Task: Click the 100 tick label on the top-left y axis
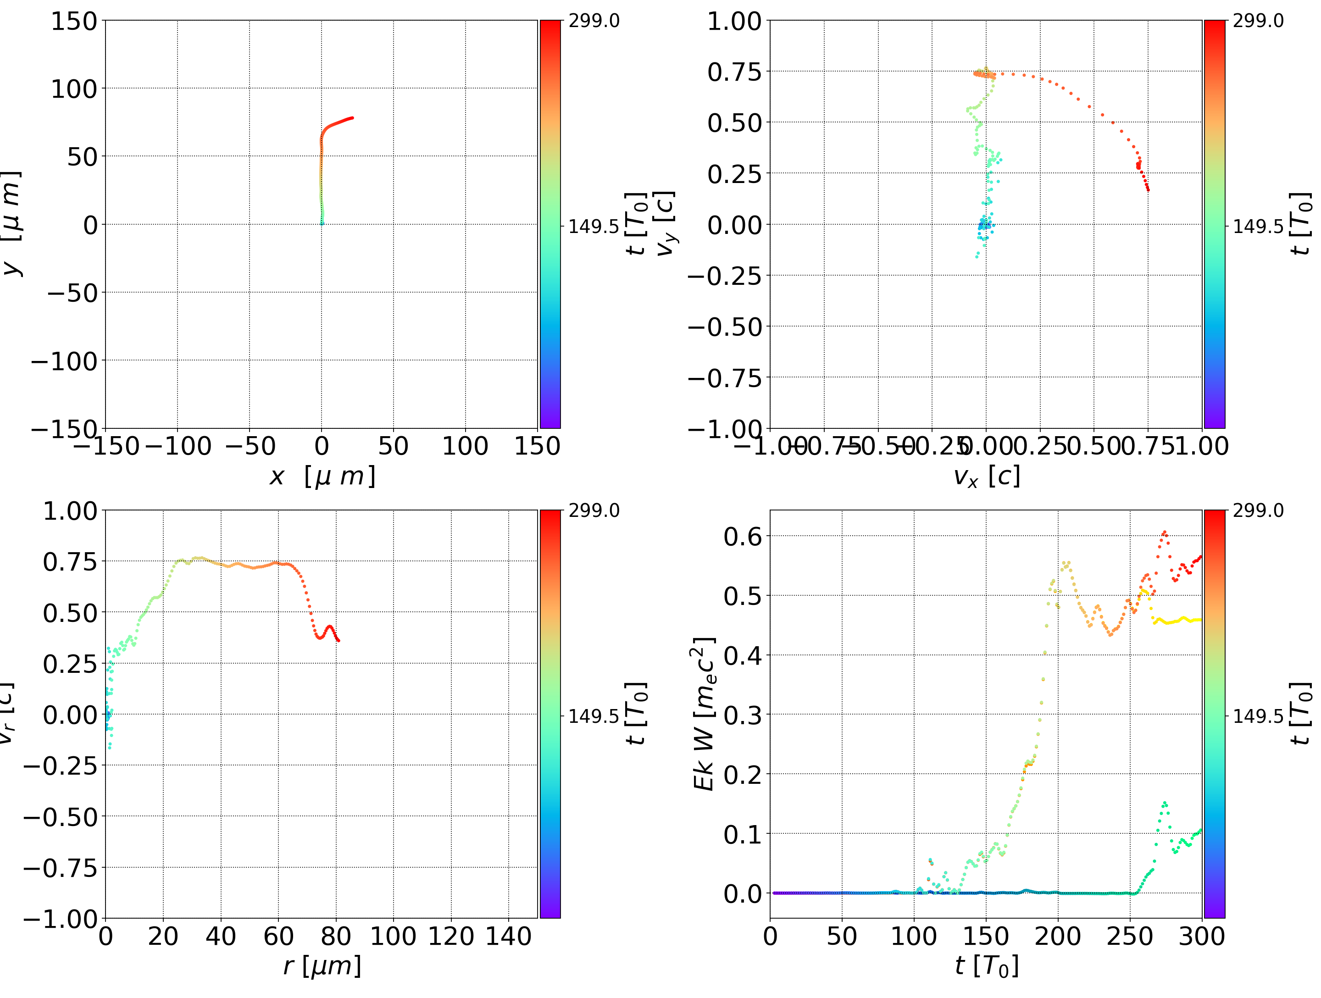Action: coord(73,89)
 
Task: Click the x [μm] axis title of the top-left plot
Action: coord(322,477)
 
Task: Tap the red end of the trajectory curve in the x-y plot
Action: coord(352,118)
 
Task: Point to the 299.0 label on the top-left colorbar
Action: coord(594,21)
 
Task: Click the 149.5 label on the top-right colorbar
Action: coord(1258,227)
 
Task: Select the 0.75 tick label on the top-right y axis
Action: coord(734,72)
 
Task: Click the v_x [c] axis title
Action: coord(986,477)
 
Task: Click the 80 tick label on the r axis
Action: coord(336,937)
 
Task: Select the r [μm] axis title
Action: coord(322,966)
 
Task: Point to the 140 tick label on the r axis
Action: coord(508,937)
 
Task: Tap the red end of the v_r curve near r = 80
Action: coord(339,641)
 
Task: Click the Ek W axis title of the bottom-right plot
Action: coord(704,714)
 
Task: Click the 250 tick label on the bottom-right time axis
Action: coord(1129,937)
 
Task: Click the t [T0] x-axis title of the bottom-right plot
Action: coord(986,966)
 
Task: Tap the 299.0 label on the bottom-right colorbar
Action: coord(1258,510)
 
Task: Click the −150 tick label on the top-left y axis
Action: coord(65,429)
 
